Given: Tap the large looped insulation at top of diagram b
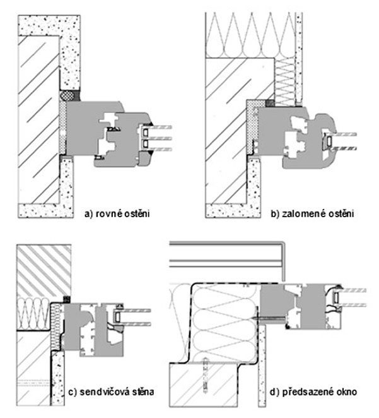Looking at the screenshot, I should click(x=252, y=32).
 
